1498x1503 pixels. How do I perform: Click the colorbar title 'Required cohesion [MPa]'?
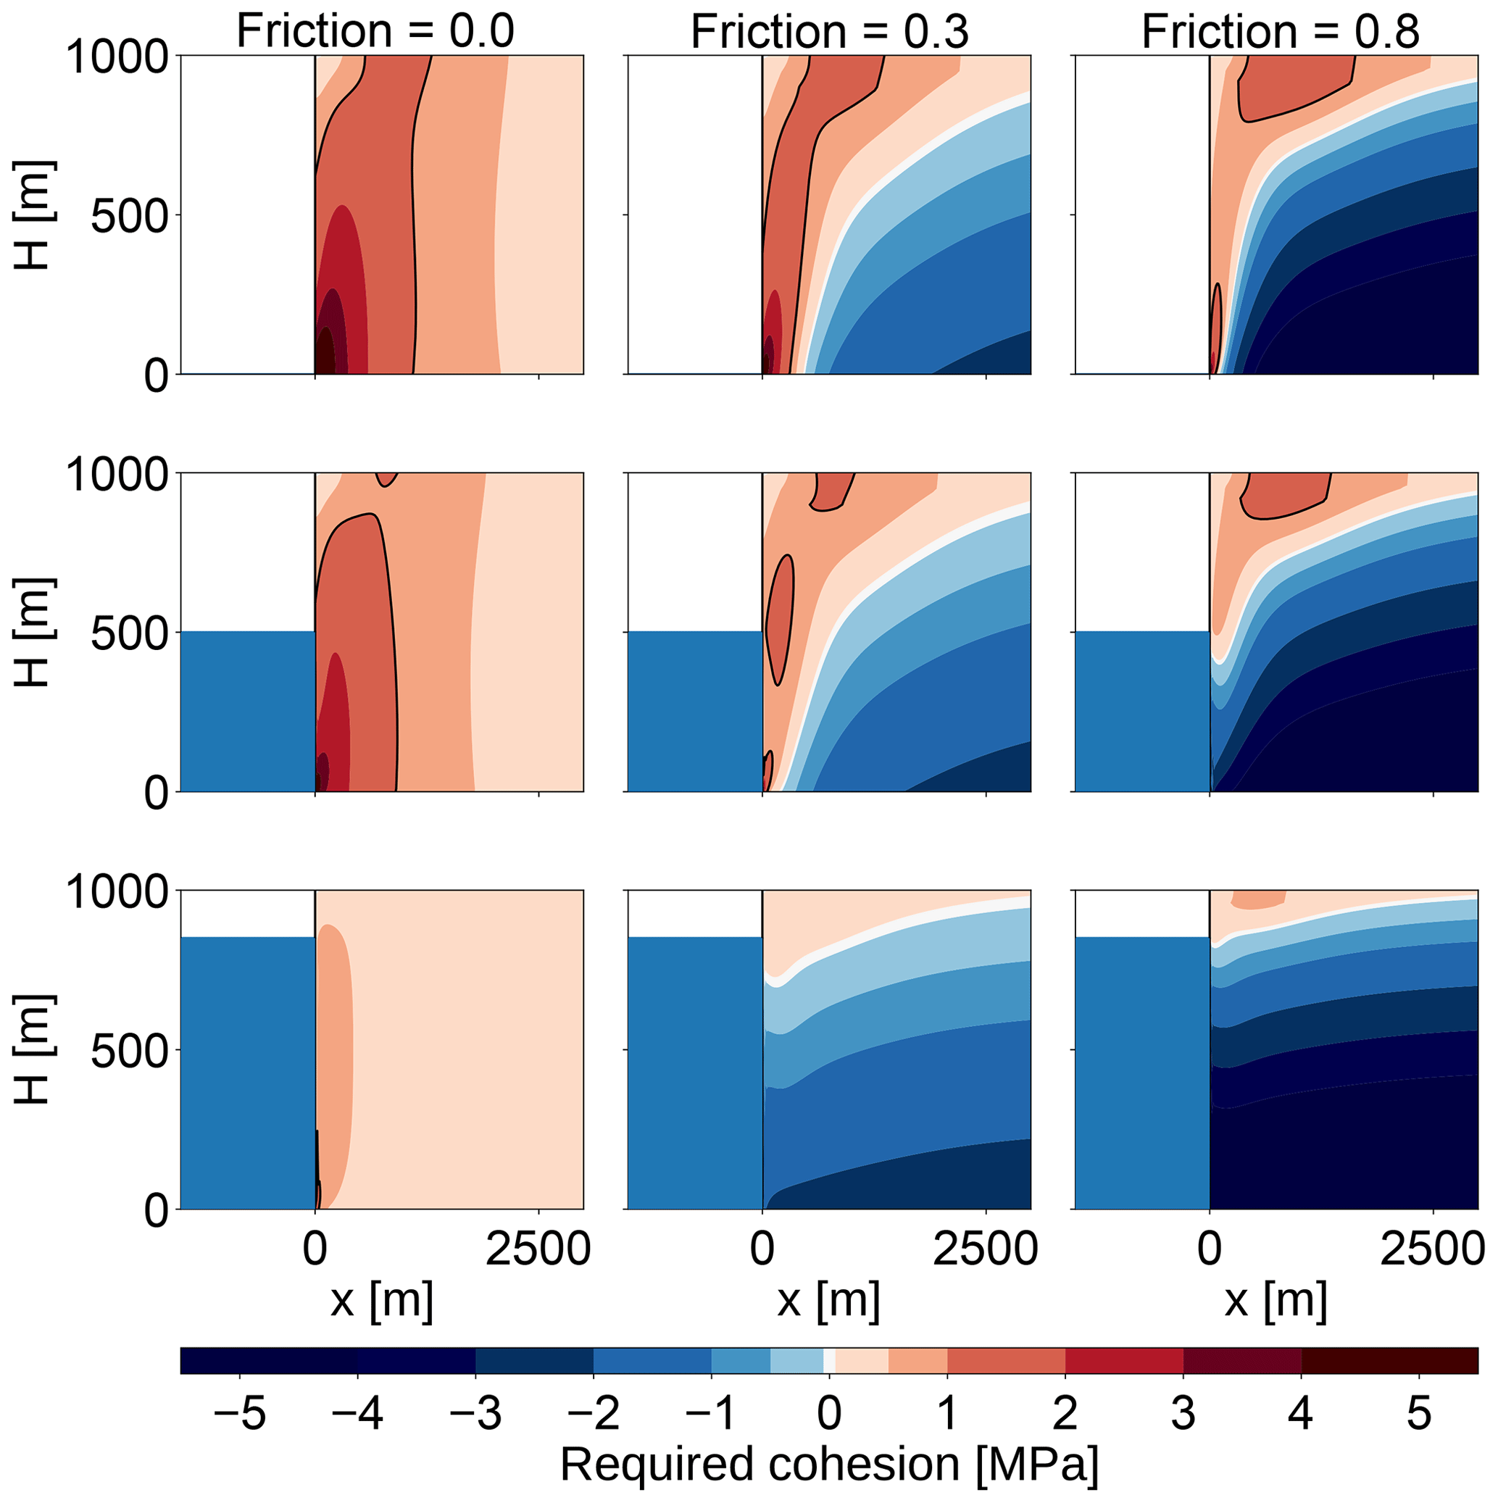click(x=829, y=1465)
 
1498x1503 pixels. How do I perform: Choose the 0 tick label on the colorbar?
click(x=830, y=1412)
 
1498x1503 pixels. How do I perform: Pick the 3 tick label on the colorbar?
click(x=1183, y=1412)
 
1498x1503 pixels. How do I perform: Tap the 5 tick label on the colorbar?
click(x=1418, y=1412)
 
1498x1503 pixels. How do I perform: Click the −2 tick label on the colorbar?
click(x=593, y=1412)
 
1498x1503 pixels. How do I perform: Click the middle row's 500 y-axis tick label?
click(x=129, y=634)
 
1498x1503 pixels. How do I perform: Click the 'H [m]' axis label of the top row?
click(x=33, y=215)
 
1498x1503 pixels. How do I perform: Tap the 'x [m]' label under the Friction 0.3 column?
click(x=829, y=1301)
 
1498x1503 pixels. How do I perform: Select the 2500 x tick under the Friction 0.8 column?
click(x=1432, y=1249)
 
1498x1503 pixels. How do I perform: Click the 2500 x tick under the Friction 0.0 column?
click(x=538, y=1249)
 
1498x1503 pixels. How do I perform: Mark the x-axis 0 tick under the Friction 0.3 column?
click(x=762, y=1249)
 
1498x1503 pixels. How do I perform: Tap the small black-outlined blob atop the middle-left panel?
click(x=387, y=478)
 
